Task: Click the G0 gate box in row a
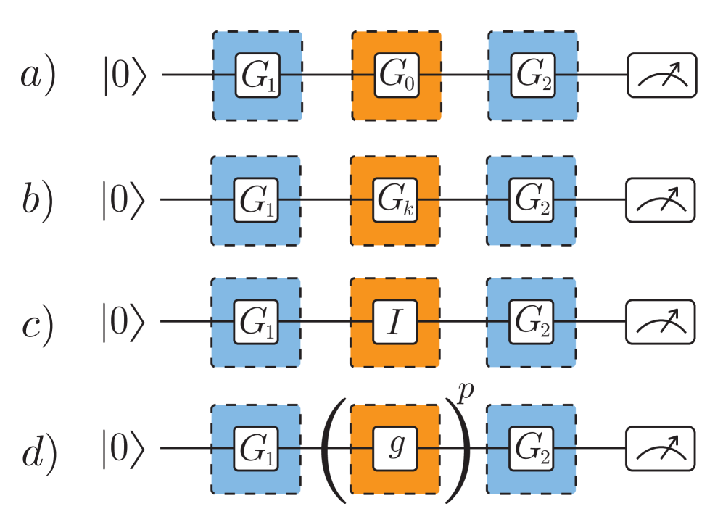(x=396, y=75)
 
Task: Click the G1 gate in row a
(x=257, y=75)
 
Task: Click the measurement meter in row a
(x=661, y=75)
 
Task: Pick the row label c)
(x=37, y=326)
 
